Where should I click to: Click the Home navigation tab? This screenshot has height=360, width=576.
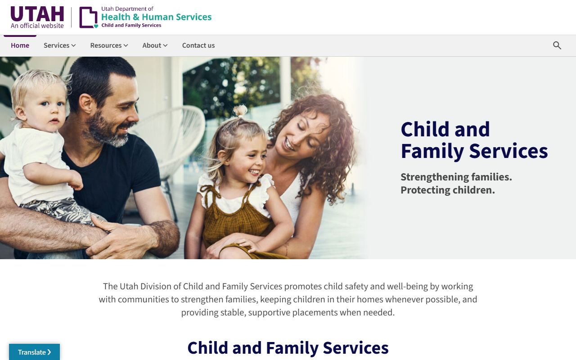click(20, 45)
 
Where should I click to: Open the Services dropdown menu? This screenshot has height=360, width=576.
click(59, 45)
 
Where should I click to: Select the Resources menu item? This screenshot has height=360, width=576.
click(109, 45)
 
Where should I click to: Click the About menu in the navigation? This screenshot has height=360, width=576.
click(155, 45)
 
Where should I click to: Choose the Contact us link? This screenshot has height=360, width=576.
click(198, 45)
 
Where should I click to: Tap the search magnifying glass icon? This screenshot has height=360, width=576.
click(557, 45)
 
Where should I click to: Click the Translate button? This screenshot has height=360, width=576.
click(34, 352)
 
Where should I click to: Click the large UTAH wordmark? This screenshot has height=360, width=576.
click(37, 14)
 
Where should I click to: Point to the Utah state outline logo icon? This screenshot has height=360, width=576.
click(88, 18)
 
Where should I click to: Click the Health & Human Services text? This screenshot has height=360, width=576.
click(156, 17)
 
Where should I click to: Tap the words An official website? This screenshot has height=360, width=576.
click(37, 26)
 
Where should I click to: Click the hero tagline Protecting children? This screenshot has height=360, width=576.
click(447, 190)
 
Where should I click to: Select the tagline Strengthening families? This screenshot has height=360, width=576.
click(456, 177)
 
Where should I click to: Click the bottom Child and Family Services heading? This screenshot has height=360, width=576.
click(288, 348)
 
